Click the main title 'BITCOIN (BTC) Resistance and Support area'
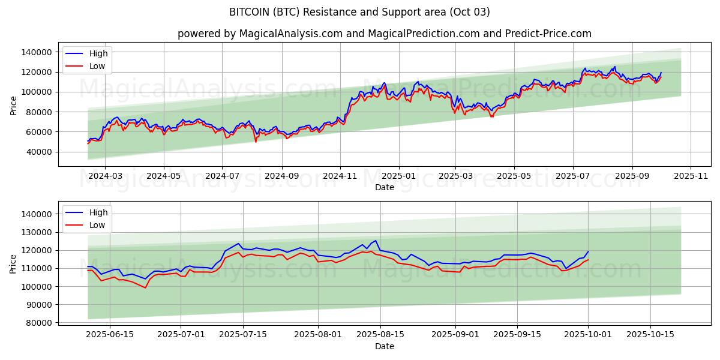(x=359, y=12)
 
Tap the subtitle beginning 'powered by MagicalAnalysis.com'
(x=384, y=34)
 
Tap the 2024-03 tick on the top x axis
(x=105, y=176)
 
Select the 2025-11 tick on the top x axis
(x=691, y=176)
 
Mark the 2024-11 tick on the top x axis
(x=340, y=176)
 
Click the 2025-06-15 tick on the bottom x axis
(x=110, y=335)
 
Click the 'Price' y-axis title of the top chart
(x=14, y=104)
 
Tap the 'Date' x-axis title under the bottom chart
(x=384, y=346)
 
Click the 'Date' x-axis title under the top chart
(x=384, y=187)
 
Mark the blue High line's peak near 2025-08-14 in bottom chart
(x=376, y=240)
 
